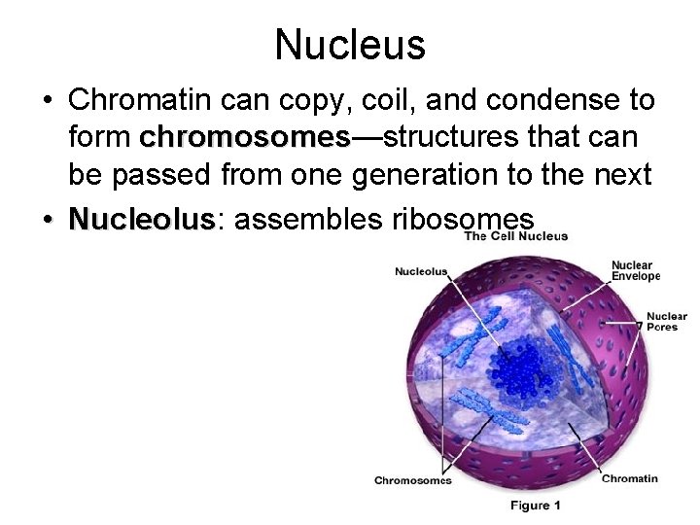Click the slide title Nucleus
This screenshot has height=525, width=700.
tap(350, 44)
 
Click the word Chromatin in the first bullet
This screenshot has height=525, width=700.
tap(134, 100)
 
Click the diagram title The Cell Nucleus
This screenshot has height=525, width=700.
tap(515, 236)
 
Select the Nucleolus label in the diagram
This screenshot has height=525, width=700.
tap(421, 271)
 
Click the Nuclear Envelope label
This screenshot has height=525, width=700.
tap(636, 270)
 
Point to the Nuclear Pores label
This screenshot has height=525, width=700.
tap(666, 321)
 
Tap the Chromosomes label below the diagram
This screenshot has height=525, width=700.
tap(413, 479)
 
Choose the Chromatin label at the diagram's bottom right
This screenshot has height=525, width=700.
tap(629, 478)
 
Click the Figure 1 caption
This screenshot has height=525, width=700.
tap(536, 506)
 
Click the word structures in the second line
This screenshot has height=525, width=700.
tap(450, 137)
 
